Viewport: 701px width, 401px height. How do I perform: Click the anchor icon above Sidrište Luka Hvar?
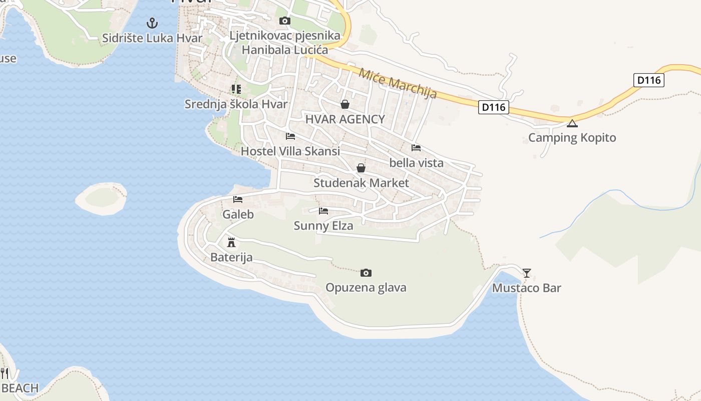(x=152, y=23)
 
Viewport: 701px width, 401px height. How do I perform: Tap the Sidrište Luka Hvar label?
(x=152, y=38)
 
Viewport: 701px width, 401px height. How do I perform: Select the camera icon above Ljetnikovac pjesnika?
(x=284, y=21)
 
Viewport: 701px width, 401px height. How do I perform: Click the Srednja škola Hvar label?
(x=236, y=104)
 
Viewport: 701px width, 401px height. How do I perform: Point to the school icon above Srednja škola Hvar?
(x=236, y=90)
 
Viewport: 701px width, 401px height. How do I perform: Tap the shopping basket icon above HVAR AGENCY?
(x=345, y=104)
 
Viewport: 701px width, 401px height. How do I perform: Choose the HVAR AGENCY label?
(x=345, y=119)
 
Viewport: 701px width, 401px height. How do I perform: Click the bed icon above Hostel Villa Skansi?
(x=290, y=136)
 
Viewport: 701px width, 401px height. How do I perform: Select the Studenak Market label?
(x=361, y=183)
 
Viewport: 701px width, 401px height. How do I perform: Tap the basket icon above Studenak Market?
(x=361, y=168)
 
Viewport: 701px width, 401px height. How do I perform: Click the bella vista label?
(x=417, y=163)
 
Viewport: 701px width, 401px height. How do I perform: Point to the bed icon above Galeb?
(x=238, y=199)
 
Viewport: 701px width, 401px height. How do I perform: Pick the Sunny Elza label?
(x=323, y=226)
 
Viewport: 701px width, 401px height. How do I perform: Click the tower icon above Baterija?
(x=231, y=243)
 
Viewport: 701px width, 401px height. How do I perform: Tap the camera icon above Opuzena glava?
(x=366, y=273)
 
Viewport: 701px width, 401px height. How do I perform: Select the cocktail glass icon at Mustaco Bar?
(x=527, y=273)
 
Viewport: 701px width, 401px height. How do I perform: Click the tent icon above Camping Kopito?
(x=572, y=123)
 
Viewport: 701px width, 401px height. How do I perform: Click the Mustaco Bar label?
(x=527, y=288)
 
